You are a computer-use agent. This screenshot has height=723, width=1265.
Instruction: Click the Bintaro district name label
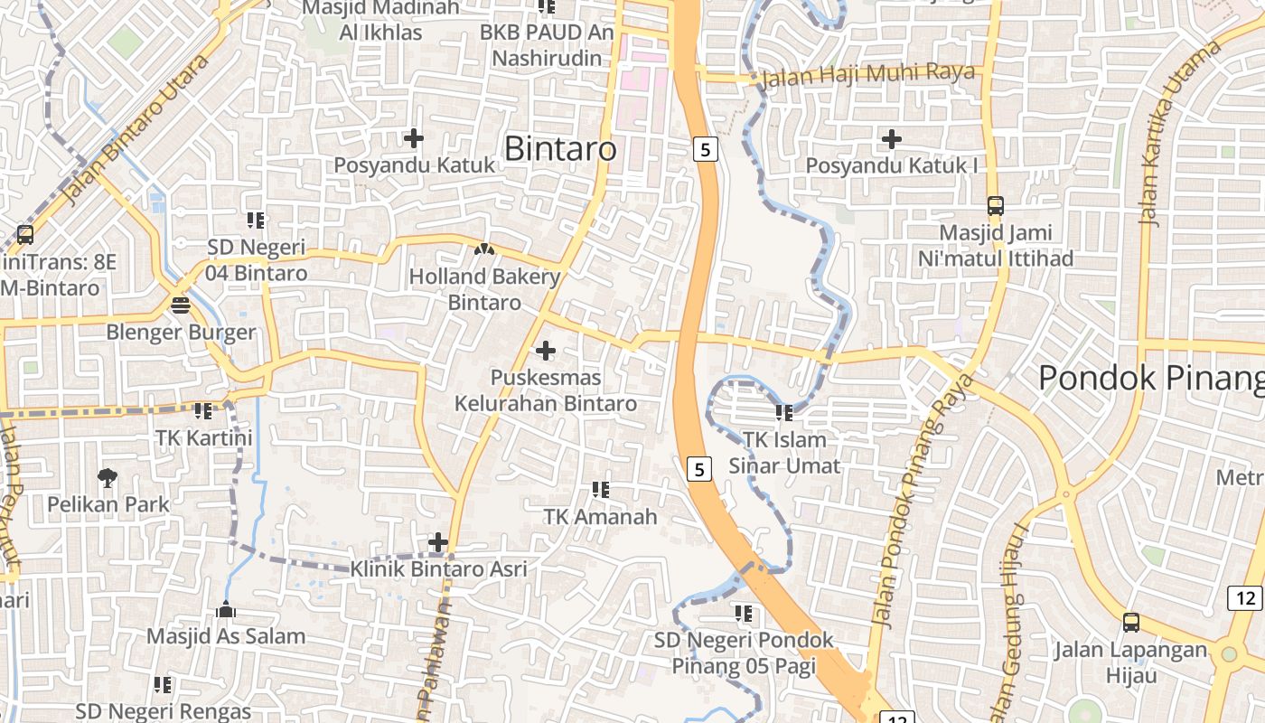pos(560,148)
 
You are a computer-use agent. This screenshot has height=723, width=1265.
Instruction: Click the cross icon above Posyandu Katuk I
pos(892,139)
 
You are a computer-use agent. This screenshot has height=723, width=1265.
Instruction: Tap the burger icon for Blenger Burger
pos(181,305)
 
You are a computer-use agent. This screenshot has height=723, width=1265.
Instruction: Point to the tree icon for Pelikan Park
pos(108,476)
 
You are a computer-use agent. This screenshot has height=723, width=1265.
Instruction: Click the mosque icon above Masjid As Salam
pos(226,609)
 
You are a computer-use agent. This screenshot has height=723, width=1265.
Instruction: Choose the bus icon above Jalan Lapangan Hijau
pos(1131,622)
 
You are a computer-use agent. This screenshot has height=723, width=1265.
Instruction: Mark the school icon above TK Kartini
pos(203,411)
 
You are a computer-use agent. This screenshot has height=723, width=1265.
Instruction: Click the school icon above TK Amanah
pos(601,490)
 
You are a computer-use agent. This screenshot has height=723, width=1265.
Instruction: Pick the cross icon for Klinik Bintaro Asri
pos(438,542)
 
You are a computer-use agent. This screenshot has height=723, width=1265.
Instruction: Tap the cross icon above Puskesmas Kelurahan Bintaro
pos(546,350)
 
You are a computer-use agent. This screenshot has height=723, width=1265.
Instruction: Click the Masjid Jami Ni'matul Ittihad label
pos(996,246)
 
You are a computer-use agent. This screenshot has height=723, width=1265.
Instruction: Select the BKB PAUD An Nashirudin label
pos(547,45)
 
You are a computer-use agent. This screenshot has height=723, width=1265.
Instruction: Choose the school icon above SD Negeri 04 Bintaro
pos(256,220)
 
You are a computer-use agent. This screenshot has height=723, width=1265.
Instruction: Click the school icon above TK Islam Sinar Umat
pos(784,413)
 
